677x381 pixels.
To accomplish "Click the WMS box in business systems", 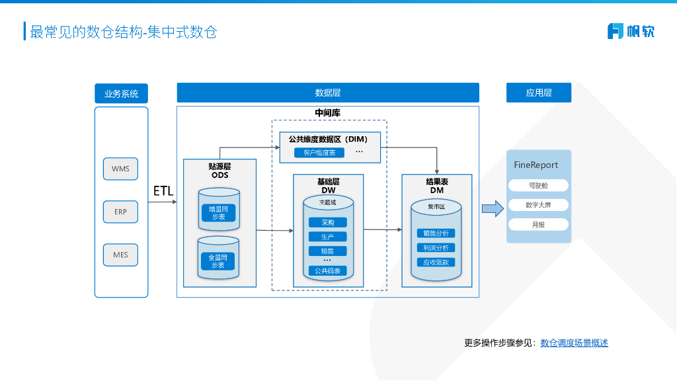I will tap(120, 169).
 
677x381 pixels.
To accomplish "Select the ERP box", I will tap(120, 212).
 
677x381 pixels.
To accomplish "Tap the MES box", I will tap(120, 255).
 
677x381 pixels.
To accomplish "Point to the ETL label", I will tap(163, 191).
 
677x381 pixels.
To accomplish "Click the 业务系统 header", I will tap(121, 93).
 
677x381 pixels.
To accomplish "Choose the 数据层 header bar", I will tap(327, 93).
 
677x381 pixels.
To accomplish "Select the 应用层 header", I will tap(538, 93).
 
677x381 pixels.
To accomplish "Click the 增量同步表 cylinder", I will tap(218, 212).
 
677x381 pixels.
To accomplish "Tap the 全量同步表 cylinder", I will tap(218, 260).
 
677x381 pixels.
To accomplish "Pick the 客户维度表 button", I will tap(319, 153).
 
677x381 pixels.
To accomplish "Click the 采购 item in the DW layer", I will tap(327, 223).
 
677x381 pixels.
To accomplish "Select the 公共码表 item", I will tap(327, 271).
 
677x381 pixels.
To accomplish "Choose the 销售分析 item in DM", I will tap(436, 233).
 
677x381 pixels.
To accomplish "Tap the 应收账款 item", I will tap(436, 262).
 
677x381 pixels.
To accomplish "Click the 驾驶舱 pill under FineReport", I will tap(538, 186).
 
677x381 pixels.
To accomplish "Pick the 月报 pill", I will tap(538, 224).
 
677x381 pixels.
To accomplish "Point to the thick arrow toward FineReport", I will tap(492, 209).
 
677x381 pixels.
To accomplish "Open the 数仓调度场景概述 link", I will tap(574, 343).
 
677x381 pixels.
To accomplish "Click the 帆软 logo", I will tap(631, 31).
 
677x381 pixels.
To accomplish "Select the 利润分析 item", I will tap(436, 247).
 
